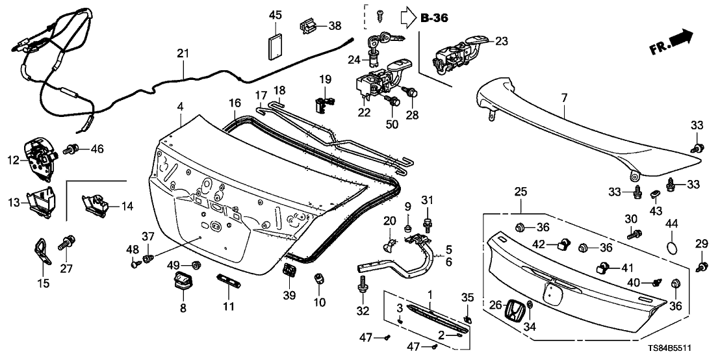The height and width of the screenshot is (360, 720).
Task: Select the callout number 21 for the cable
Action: coord(183,54)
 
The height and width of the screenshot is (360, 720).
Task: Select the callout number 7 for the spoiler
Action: coord(563,98)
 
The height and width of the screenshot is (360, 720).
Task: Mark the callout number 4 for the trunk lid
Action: coord(181,106)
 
